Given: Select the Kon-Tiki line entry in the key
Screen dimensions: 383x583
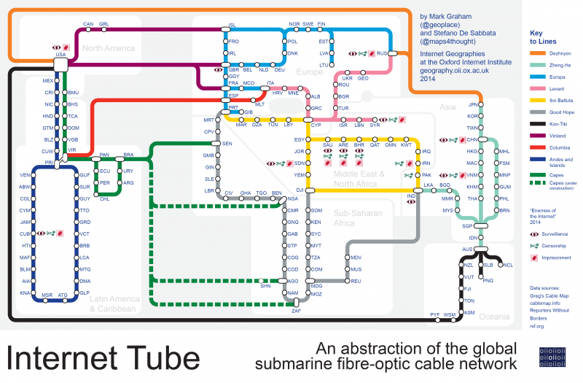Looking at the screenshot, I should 560,124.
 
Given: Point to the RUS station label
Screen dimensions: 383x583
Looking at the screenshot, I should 380,53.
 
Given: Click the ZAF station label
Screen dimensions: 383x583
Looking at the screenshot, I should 296,311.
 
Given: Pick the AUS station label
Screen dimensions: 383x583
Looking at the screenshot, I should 467,249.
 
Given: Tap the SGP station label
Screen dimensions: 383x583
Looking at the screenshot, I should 467,226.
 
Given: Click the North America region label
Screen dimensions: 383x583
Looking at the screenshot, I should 109,48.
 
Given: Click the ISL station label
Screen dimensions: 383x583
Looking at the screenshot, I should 232,25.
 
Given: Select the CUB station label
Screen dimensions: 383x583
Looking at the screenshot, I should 25,233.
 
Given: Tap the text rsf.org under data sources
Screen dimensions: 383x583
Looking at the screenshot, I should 537,326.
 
